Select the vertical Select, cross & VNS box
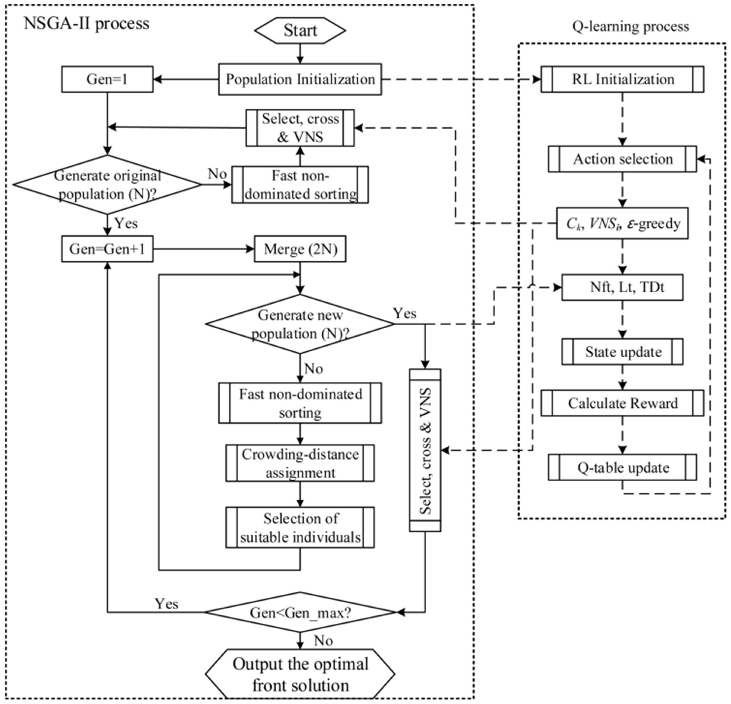click(425, 450)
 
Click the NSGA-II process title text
click(86, 23)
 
